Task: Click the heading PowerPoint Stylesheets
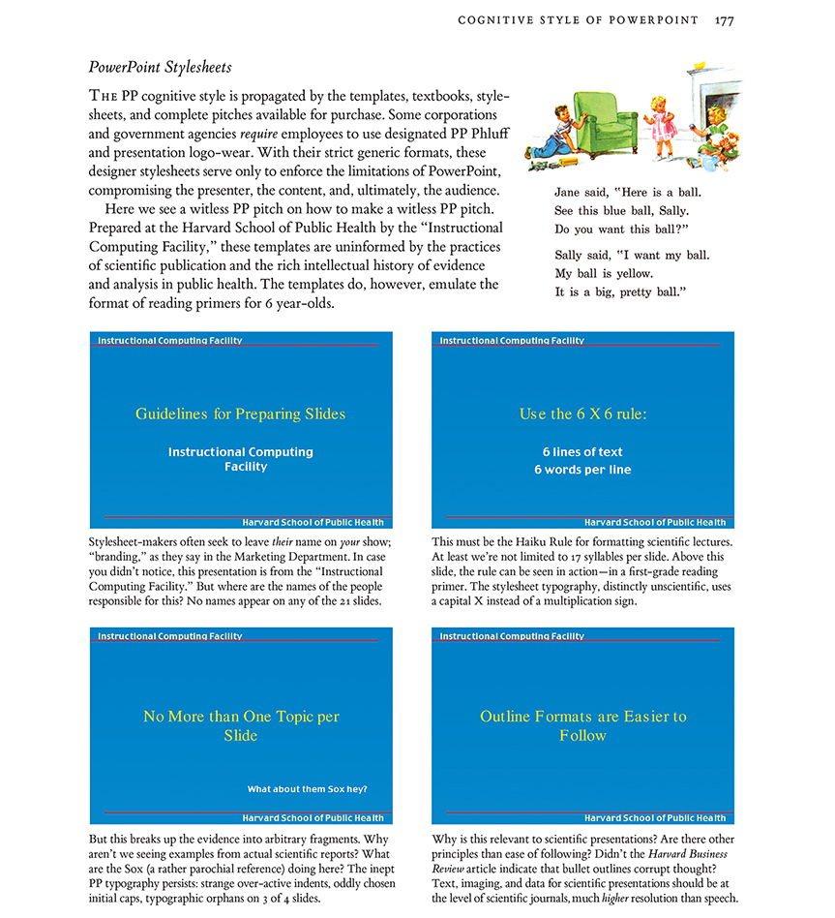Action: click(x=161, y=68)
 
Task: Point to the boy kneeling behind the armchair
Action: click(x=552, y=130)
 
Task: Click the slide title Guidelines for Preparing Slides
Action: click(x=240, y=413)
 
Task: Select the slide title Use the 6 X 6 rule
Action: click(x=582, y=413)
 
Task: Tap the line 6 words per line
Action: click(x=582, y=470)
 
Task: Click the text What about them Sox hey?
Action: click(x=307, y=789)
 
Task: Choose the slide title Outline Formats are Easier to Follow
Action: click(x=582, y=725)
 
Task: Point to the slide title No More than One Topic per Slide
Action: click(x=241, y=725)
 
